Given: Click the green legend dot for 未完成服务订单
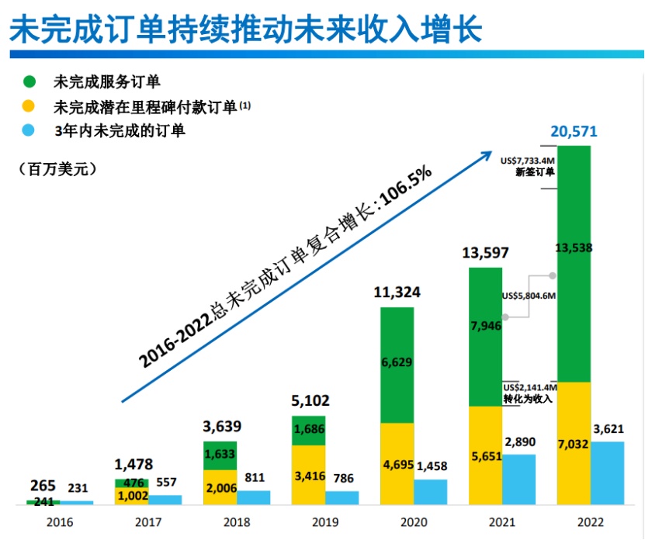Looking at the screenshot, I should pyautogui.click(x=29, y=81).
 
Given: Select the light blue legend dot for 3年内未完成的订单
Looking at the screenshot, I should pyautogui.click(x=29, y=130).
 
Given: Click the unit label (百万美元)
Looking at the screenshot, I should pyautogui.click(x=57, y=168).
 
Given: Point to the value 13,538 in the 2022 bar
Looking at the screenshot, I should pyautogui.click(x=574, y=248).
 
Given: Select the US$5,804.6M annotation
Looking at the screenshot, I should pyautogui.click(x=529, y=296).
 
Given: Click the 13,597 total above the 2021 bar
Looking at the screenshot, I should pyautogui.click(x=487, y=253).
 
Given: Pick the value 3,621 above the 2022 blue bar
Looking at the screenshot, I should pyautogui.click(x=608, y=427).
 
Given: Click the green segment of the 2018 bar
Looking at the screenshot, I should pyautogui.click(x=220, y=454).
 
